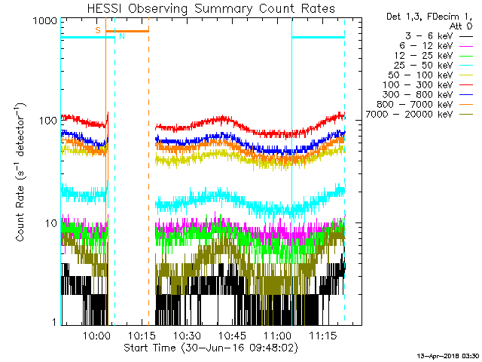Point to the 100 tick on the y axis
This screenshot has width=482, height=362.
click(46, 121)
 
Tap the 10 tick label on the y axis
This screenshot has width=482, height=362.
click(50, 222)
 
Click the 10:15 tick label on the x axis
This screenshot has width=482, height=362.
click(142, 335)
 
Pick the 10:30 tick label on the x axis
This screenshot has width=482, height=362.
click(187, 335)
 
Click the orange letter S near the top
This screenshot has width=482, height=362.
click(97, 29)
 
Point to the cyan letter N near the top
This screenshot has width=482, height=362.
click(122, 36)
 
